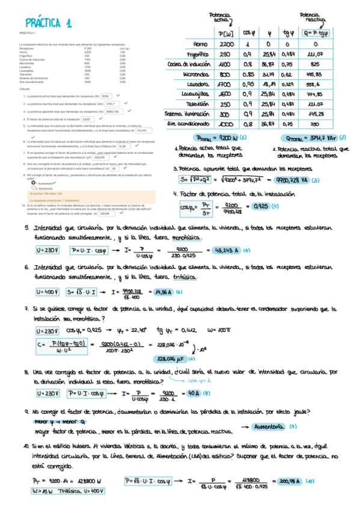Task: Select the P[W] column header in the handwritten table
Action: (227, 34)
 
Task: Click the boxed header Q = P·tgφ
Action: (316, 34)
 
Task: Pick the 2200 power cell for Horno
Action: (227, 44)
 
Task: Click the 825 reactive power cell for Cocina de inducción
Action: (316, 64)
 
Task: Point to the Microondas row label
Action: (196, 73)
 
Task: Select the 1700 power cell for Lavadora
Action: (227, 84)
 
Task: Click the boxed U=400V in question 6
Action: (47, 292)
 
